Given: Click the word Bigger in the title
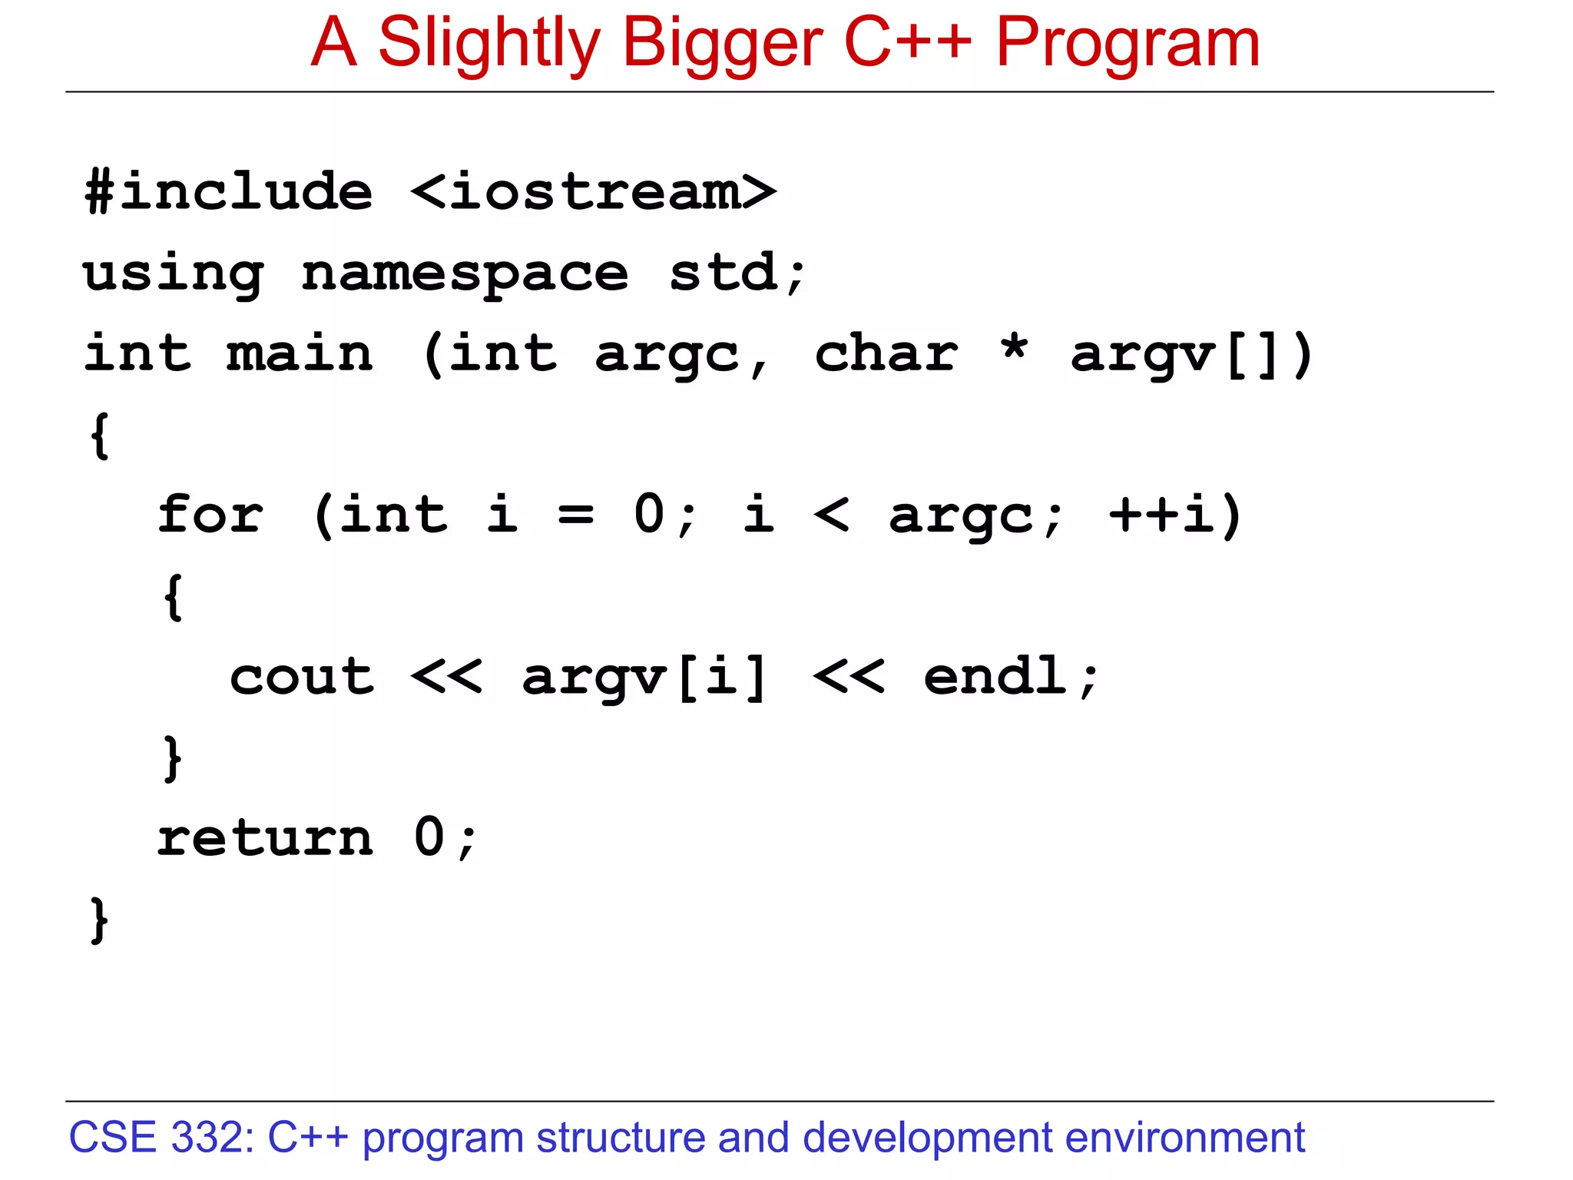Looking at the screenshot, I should pyautogui.click(x=722, y=44).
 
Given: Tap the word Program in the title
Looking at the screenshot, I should pyautogui.click(x=1128, y=44).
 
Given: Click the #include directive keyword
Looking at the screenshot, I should pyautogui.click(x=229, y=191).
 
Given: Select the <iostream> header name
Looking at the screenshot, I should pyautogui.click(x=593, y=191).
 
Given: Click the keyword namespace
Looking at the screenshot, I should pyautogui.click(x=465, y=273).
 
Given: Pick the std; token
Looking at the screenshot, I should pyautogui.click(x=737, y=273).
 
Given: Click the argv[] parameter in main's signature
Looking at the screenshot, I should pyautogui.click(x=1191, y=355).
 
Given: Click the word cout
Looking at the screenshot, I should pyautogui.click(x=302, y=677).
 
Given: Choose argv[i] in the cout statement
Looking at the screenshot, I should pyautogui.click(x=644, y=677).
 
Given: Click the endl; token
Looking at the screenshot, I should pyautogui.click(x=1010, y=677).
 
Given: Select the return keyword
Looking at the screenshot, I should pyautogui.click(x=265, y=837).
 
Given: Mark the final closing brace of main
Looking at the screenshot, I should pyautogui.click(x=99, y=920).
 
